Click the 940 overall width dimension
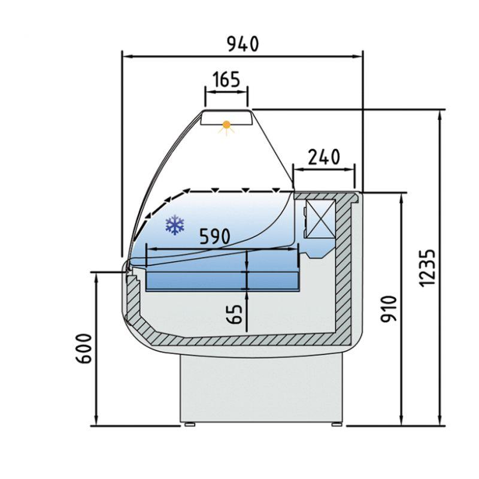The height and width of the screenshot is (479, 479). click(x=242, y=44)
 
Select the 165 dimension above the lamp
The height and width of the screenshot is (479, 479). click(x=226, y=78)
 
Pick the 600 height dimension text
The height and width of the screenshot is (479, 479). click(x=84, y=348)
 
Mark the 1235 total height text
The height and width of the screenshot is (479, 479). click(x=426, y=266)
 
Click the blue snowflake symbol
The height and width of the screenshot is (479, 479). click(x=174, y=225)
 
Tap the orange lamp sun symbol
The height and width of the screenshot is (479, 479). click(x=226, y=126)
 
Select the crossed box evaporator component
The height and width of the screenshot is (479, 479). click(x=319, y=219)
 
